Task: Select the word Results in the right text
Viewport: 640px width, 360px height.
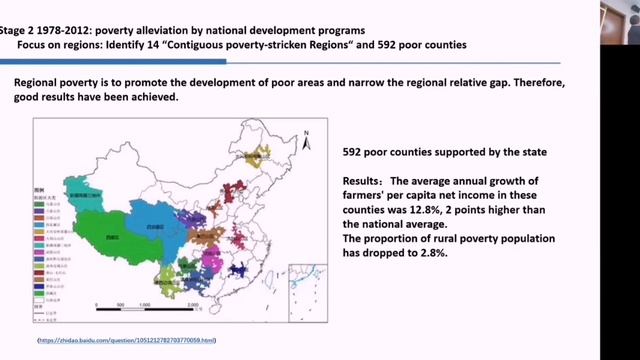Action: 362,181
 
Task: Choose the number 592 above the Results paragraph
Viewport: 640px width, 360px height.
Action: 353,152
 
